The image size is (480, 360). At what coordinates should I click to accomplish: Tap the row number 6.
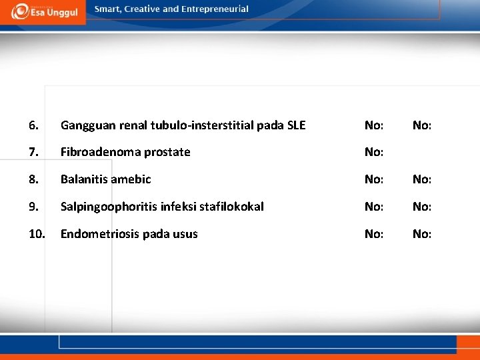point(34,125)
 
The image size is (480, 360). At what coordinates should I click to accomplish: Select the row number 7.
point(34,152)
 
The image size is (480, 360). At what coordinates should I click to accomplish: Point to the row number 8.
point(34,179)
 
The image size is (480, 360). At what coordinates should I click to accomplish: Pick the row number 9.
point(34,207)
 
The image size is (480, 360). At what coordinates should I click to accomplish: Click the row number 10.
point(37,234)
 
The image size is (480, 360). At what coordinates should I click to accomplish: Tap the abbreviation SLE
point(295,125)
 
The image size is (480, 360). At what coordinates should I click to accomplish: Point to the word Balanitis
point(84,179)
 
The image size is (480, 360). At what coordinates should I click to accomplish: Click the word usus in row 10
point(186,234)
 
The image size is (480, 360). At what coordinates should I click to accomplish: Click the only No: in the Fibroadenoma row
point(373,152)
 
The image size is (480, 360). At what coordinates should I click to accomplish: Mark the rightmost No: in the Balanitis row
point(422,179)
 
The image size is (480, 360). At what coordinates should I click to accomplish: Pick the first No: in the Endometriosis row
point(373,234)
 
